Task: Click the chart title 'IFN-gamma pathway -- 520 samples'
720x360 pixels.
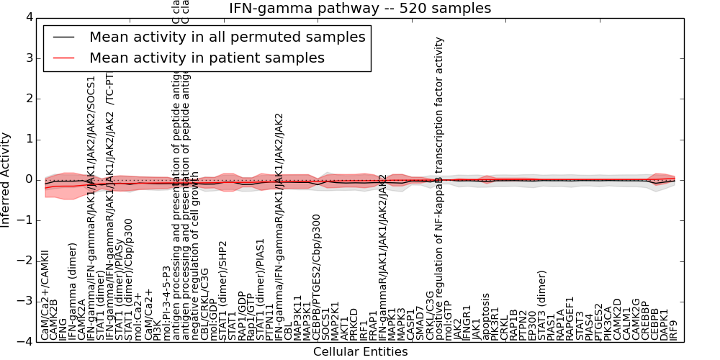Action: coord(360,9)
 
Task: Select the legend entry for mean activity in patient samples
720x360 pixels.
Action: coord(207,58)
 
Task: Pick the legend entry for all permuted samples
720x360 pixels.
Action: coord(227,37)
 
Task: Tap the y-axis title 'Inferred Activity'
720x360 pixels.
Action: coord(6,180)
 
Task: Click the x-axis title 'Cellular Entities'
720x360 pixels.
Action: coord(360,352)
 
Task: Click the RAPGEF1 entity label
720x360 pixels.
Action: coord(570,318)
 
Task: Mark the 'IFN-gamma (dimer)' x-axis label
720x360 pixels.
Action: coord(72,292)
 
